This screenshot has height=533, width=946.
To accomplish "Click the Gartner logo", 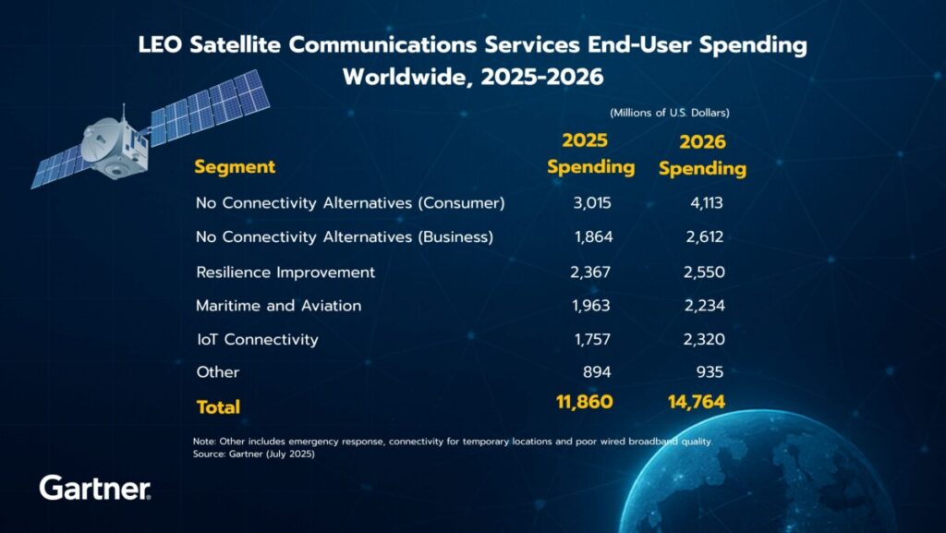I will [x=94, y=488].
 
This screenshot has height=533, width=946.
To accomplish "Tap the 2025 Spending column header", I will [x=590, y=153].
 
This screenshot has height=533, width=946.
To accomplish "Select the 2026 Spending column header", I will [x=702, y=155].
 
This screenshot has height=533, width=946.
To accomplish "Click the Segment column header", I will [x=235, y=167].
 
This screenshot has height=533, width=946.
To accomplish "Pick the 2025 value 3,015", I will [x=592, y=203].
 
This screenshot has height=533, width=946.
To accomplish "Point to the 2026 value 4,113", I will [x=704, y=203].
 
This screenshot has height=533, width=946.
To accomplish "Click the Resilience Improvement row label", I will [x=285, y=273].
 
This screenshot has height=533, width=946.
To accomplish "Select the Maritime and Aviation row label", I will [x=278, y=306].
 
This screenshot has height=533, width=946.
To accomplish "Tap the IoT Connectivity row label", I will [x=257, y=339].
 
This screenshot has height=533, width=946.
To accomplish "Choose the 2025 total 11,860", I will [x=583, y=402].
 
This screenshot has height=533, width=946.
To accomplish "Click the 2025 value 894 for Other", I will [x=599, y=372].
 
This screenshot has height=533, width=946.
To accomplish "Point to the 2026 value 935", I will [x=709, y=372].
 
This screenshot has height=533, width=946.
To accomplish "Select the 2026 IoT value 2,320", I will [x=704, y=339].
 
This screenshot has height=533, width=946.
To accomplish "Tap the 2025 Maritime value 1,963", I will [x=592, y=306].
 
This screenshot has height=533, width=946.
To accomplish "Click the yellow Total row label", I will [x=218, y=406].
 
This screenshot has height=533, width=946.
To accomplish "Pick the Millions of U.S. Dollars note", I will [x=669, y=112].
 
